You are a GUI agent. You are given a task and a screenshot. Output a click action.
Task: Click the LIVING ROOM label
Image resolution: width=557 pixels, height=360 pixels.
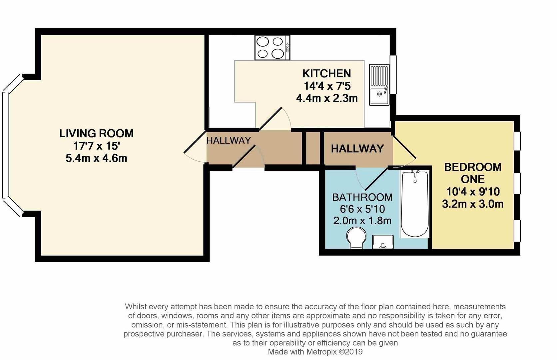(x=96, y=133)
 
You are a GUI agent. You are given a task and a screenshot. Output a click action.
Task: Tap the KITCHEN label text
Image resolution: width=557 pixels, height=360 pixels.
(x=326, y=73)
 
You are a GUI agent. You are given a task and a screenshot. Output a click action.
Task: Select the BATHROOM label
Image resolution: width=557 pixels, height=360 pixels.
(x=362, y=197)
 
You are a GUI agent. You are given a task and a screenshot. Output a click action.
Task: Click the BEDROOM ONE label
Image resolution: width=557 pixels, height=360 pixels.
(x=472, y=173)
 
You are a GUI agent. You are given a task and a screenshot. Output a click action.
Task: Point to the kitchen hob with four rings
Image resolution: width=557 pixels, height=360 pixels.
(x=272, y=48)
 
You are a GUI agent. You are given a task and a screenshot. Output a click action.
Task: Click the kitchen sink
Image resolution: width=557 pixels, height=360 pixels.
(x=379, y=85)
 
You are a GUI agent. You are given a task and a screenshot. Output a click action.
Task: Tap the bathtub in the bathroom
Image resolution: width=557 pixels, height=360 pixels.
(x=414, y=204)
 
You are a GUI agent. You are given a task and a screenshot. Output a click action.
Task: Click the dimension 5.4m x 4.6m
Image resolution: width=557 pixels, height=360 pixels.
(x=96, y=158)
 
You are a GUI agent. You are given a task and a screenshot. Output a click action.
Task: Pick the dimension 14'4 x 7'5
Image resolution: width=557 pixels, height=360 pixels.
(x=326, y=86)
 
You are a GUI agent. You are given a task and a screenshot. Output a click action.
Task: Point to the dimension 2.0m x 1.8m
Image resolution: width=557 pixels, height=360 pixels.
(x=362, y=221)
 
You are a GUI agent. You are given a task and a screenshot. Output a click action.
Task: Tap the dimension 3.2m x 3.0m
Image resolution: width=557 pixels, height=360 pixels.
(x=472, y=204)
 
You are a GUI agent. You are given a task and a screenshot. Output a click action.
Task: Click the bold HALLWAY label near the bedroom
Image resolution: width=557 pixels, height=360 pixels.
(x=357, y=148)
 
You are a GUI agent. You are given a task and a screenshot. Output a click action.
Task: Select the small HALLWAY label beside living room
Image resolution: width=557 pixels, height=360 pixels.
(x=229, y=140)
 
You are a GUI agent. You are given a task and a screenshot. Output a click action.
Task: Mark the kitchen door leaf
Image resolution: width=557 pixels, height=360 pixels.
(x=271, y=118)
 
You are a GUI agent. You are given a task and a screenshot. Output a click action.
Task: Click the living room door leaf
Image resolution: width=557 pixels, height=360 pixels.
(x=196, y=142)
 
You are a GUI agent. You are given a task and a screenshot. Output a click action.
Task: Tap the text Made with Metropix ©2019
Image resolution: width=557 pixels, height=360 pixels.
(x=315, y=352)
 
